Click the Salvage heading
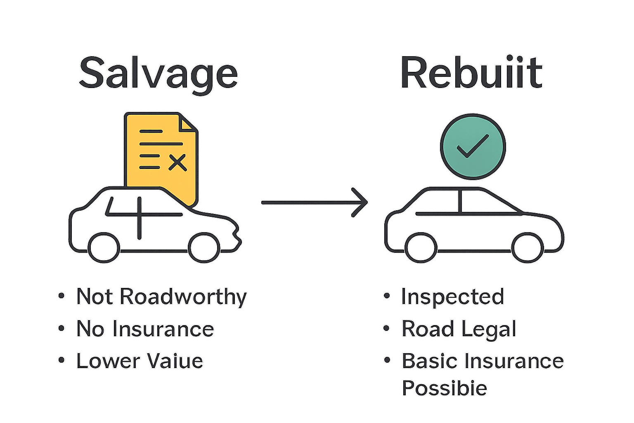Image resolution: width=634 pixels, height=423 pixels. [x=158, y=74]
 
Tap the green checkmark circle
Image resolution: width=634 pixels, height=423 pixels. [x=473, y=147]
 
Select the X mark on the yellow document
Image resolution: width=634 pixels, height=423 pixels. [x=178, y=163]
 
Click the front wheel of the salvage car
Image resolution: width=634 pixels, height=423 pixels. [x=204, y=247]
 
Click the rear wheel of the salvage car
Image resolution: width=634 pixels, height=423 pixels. [x=104, y=247]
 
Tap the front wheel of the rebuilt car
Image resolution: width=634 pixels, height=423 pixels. [x=528, y=247]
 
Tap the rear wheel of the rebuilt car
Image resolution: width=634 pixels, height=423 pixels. [x=421, y=247]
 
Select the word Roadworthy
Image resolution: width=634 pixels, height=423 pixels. [x=183, y=297]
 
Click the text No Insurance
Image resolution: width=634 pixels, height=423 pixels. [x=145, y=329]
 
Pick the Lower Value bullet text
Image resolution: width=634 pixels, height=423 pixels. [x=140, y=361]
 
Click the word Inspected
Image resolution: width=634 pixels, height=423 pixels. [x=453, y=297]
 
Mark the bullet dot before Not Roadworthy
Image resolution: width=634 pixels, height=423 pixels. [x=62, y=296]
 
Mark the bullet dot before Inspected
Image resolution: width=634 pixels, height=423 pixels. [x=387, y=296]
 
